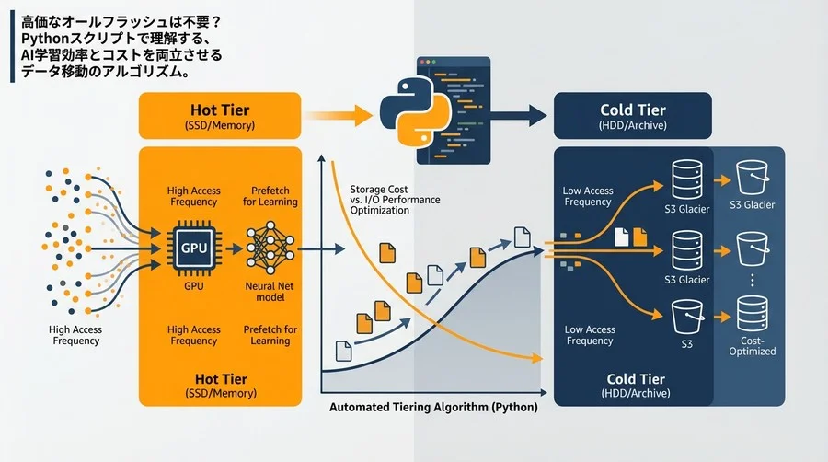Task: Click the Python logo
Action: tap(416, 111)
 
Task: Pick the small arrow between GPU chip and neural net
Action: tap(234, 248)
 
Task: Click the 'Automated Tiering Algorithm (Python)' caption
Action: tap(433, 407)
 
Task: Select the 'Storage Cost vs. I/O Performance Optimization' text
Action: tap(395, 200)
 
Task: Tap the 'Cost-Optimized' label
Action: tap(753, 346)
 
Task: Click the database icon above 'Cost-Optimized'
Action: tap(753, 314)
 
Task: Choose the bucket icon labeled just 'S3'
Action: tap(687, 318)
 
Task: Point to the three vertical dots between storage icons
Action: tap(753, 280)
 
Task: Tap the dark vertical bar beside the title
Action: tap(13, 46)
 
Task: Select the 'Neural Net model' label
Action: tap(270, 292)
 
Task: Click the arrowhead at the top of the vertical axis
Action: tap(321, 158)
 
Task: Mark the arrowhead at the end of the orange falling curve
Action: tap(537, 359)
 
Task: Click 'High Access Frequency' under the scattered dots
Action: tap(75, 335)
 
